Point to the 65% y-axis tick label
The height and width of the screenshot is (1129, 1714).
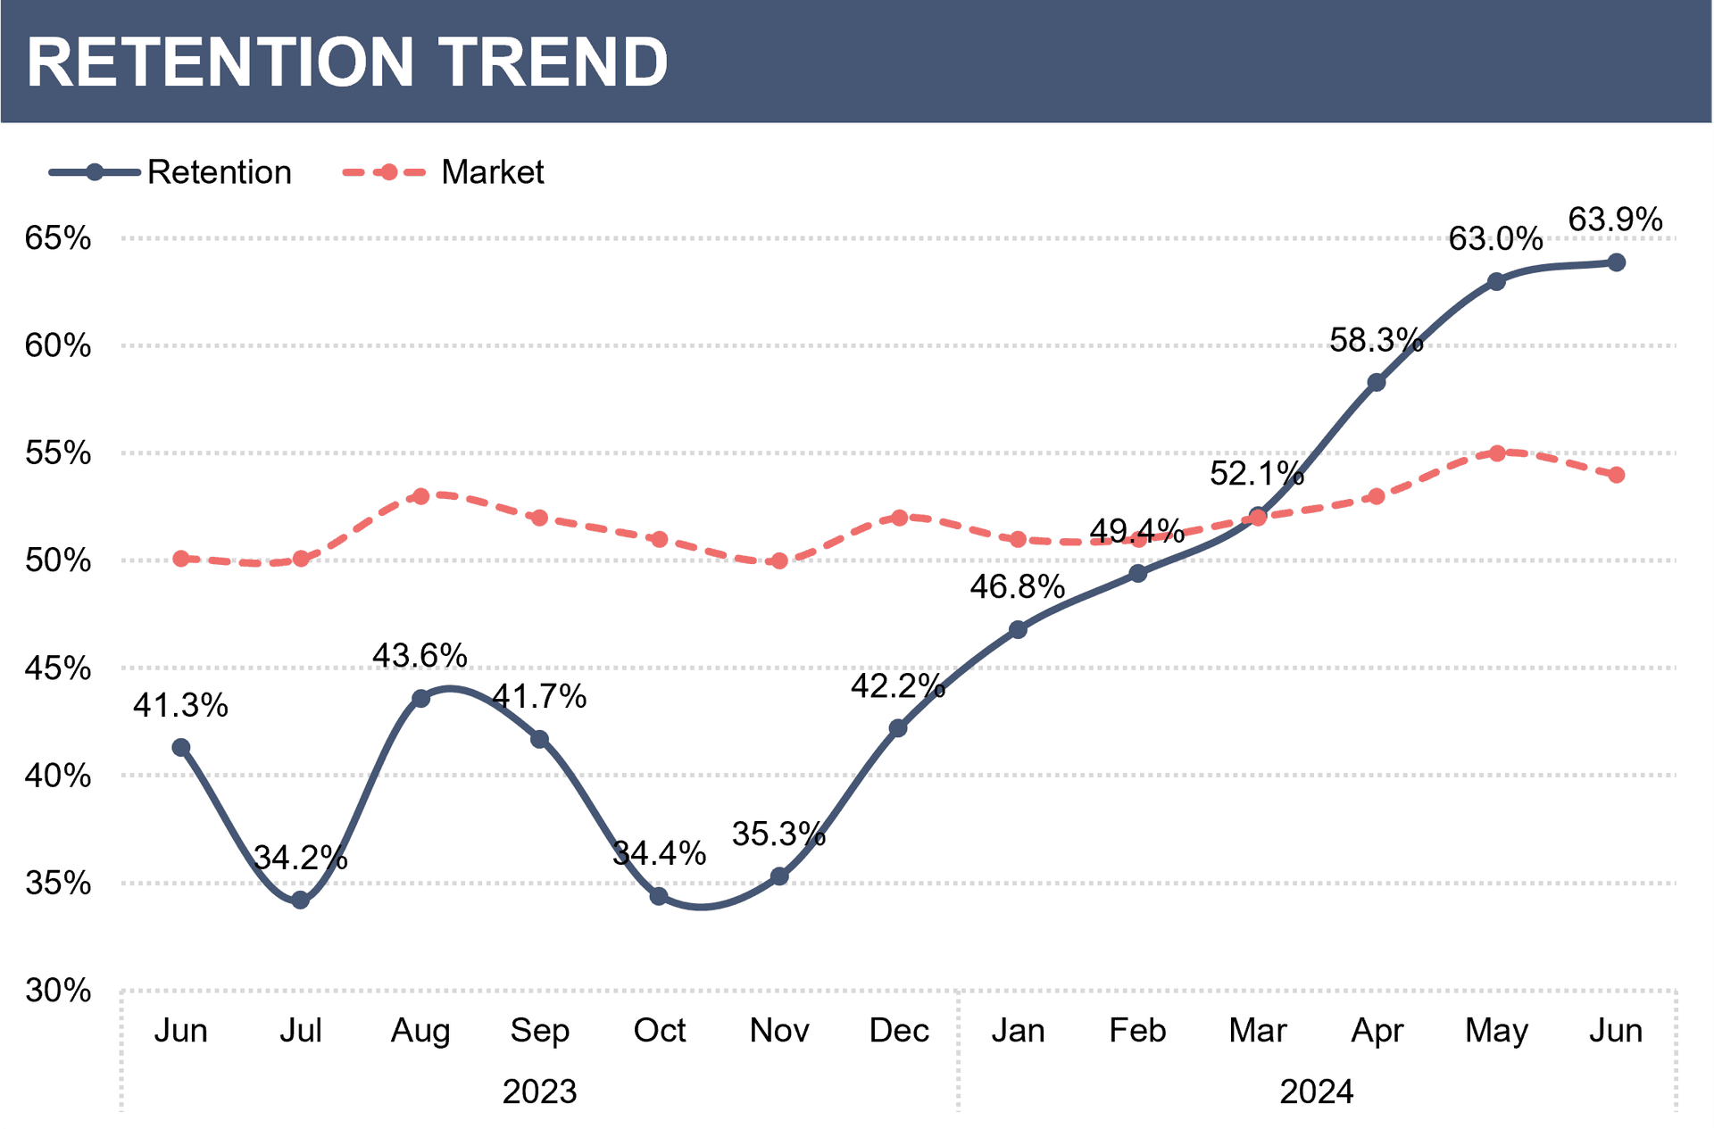click(x=58, y=238)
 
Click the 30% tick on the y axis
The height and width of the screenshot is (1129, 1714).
click(x=58, y=991)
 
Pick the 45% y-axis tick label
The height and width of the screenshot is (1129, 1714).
click(x=58, y=668)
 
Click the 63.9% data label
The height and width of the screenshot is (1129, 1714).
click(x=1615, y=220)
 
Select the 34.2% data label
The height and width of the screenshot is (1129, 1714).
click(x=300, y=859)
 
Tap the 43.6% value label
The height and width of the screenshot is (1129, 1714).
click(x=420, y=656)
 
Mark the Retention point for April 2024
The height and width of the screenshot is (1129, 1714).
click(x=1377, y=383)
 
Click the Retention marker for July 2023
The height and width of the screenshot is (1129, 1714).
click(x=301, y=901)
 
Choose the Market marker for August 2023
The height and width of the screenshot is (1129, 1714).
click(x=420, y=496)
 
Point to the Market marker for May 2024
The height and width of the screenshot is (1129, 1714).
click(x=1497, y=453)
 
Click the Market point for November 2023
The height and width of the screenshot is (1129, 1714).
click(x=779, y=561)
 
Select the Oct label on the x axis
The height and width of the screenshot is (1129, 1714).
click(x=659, y=1031)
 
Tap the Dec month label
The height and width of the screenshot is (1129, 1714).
click(x=899, y=1031)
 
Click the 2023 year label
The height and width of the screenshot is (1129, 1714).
click(x=539, y=1092)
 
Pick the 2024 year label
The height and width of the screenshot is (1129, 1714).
click(x=1316, y=1092)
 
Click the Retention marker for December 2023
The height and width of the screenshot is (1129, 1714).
click(x=899, y=728)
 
